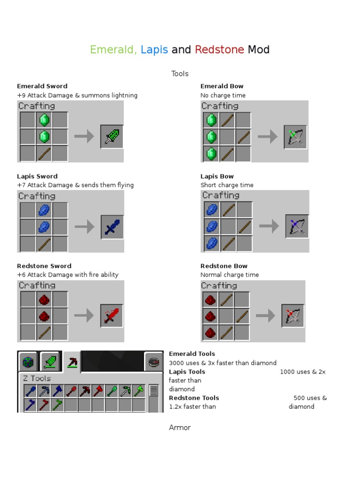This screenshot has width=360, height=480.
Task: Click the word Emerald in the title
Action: point(112,50)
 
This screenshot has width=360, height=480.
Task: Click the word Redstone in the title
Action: point(219,50)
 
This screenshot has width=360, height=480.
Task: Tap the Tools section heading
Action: point(180,74)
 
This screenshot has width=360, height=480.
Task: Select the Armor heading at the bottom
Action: point(180,427)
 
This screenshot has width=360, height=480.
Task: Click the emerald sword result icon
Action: point(112,136)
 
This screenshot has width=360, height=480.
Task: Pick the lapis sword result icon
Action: point(112,227)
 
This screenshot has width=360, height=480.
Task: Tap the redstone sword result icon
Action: point(112,316)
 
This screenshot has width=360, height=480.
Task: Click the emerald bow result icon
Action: point(295,136)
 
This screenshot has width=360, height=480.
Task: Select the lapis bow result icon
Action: point(297,227)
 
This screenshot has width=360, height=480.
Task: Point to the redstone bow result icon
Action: point(293,316)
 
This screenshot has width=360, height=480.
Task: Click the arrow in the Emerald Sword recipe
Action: point(84,136)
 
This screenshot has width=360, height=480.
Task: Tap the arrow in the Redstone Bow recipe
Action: point(265,316)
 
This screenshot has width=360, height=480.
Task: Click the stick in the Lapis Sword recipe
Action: point(44,244)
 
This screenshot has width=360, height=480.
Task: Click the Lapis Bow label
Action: point(217,176)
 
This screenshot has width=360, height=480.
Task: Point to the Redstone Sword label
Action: point(44,266)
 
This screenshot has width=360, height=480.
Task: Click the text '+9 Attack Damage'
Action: point(43,95)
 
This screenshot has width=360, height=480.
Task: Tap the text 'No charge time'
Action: point(223,95)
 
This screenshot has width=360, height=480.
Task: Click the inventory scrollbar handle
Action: point(153,391)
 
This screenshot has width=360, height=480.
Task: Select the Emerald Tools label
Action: point(192,354)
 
